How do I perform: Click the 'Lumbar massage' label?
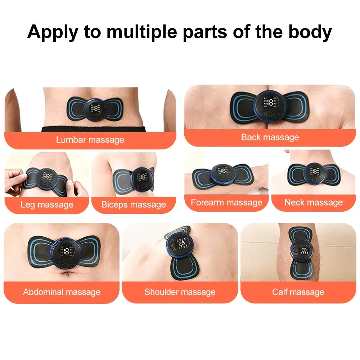click(90, 140)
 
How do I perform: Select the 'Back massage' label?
click(270, 137)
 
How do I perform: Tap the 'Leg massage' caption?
click(47, 205)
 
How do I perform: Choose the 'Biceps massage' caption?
click(134, 205)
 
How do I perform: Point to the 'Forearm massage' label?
click(226, 202)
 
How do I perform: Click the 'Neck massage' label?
click(314, 202)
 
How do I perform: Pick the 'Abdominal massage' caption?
click(62, 292)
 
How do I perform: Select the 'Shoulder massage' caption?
click(180, 292)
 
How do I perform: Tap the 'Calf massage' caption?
click(298, 292)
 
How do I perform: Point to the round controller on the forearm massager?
click(223, 175)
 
